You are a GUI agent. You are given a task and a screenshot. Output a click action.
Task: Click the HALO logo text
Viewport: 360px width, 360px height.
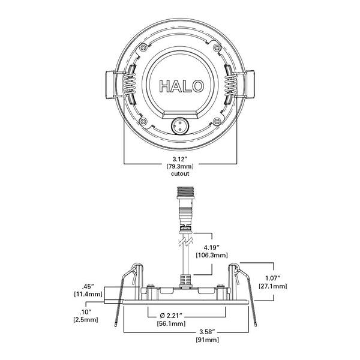tap(181, 86)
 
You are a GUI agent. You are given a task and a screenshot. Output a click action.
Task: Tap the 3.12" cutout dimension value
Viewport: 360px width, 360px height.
tap(180, 159)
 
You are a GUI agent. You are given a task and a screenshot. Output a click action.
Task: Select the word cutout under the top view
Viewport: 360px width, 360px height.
tap(180, 173)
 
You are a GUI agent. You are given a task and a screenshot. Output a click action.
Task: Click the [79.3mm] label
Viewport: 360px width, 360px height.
tap(180, 166)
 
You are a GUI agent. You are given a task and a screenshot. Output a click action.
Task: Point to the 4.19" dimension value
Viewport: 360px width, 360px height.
tap(212, 248)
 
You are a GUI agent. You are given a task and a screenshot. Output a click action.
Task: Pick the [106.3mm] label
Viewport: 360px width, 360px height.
tap(212, 255)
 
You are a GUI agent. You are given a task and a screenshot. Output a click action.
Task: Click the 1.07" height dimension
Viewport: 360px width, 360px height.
tap(273, 278)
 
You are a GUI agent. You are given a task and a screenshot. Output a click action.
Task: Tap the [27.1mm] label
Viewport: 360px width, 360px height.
tap(273, 286)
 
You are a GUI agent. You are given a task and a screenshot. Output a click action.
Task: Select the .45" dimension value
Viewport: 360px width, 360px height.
tap(88, 287)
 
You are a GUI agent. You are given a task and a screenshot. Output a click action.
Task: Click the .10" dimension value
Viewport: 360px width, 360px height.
tap(85, 312)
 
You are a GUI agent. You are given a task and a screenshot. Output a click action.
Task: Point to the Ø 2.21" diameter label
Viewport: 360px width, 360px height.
tap(171, 316)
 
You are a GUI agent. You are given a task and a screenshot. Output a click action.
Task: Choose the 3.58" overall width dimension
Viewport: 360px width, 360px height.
tap(207, 332)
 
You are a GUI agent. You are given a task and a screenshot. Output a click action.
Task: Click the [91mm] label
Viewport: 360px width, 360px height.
tap(207, 340)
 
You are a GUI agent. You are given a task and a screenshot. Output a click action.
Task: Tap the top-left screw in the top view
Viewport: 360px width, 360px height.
tap(143, 48)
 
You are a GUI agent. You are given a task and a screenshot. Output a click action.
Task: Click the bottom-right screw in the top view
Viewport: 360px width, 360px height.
tap(217, 121)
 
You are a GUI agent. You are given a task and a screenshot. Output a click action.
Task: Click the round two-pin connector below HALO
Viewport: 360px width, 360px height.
tap(180, 125)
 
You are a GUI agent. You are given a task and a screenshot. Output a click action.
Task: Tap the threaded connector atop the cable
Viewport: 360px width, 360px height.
tap(185, 193)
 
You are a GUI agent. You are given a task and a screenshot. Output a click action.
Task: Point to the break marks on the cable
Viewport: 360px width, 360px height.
tap(185, 242)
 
